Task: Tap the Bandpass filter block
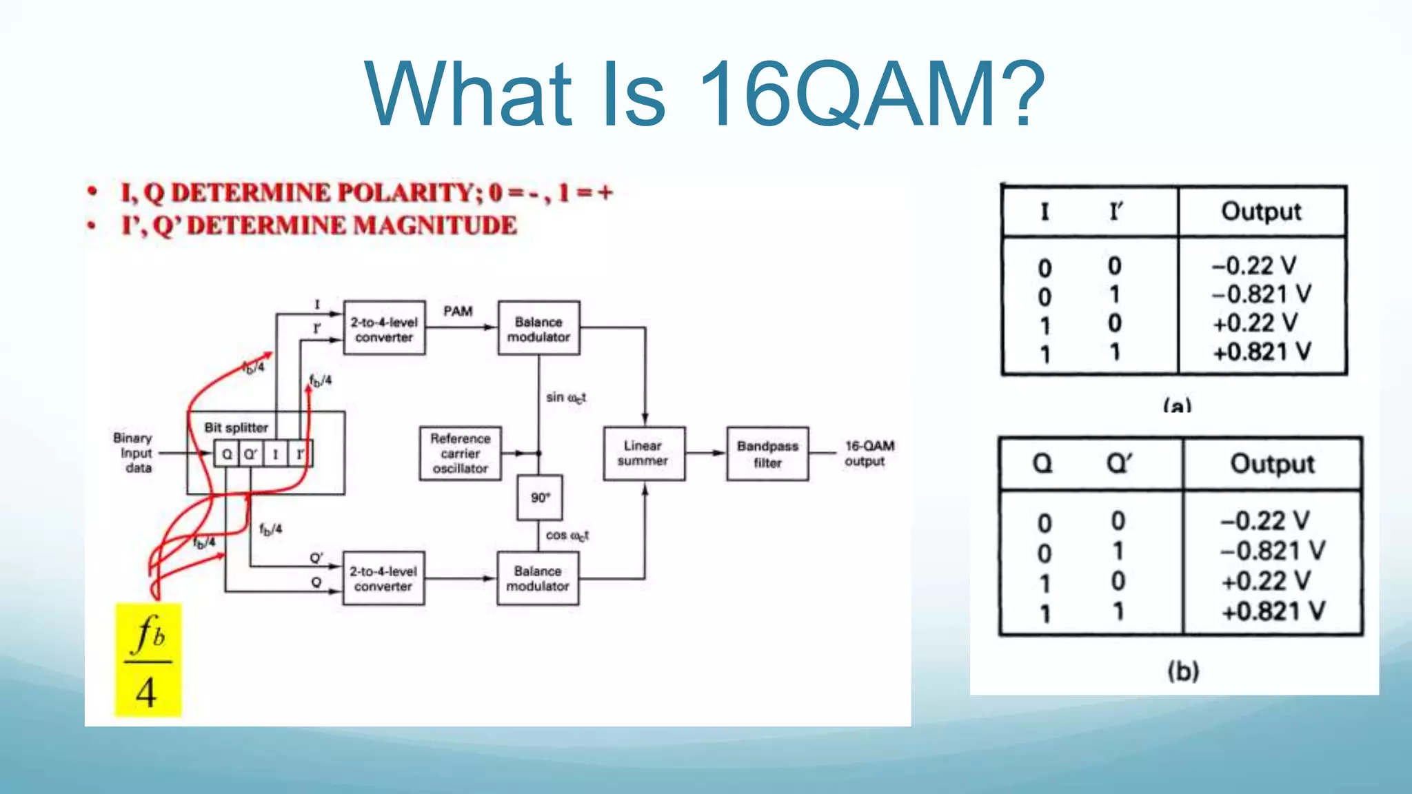coord(767,454)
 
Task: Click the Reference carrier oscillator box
coord(460,454)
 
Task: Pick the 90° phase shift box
coord(540,497)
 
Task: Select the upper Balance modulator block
coord(538,329)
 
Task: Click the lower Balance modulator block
coord(538,578)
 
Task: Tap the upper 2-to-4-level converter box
coord(384,329)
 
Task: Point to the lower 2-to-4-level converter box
coord(383,578)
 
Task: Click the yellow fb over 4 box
coord(148,660)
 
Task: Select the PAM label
coord(458,311)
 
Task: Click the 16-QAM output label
coord(869,454)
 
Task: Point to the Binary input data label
coord(134,453)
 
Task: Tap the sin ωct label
coord(565,398)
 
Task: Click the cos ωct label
coord(567,536)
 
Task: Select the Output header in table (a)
coord(1261,212)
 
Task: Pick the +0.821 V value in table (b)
coord(1273,611)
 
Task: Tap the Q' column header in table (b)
coord(1118,463)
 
